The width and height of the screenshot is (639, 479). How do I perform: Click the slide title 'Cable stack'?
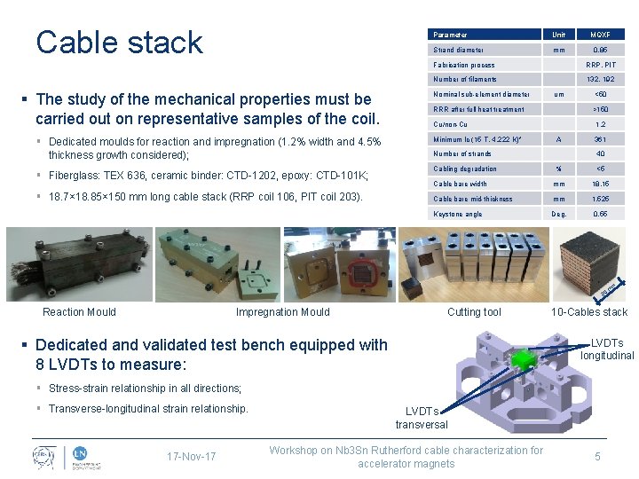(119, 42)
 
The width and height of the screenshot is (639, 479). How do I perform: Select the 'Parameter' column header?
(451, 35)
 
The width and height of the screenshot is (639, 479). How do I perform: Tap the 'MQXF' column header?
(601, 35)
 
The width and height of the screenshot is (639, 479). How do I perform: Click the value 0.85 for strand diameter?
(601, 50)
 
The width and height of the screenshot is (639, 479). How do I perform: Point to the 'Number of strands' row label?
(462, 153)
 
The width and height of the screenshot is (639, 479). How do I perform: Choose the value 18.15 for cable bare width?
(601, 184)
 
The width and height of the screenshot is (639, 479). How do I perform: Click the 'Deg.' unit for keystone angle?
(559, 214)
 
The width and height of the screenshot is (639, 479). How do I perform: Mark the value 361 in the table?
(601, 139)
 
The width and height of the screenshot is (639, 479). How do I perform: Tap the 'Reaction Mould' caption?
(79, 311)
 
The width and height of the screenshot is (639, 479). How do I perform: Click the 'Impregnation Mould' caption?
(282, 311)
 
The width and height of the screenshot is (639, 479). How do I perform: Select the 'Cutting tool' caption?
(474, 311)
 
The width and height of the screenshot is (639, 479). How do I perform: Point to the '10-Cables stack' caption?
(589, 311)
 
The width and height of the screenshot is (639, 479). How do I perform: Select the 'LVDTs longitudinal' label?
(607, 349)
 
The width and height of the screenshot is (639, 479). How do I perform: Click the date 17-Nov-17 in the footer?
(191, 457)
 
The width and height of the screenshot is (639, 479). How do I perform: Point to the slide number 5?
(597, 457)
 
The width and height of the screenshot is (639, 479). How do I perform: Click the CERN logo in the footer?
(41, 456)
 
